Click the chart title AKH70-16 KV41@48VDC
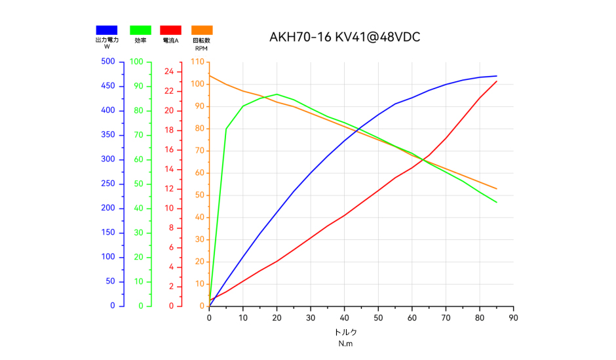point(345,37)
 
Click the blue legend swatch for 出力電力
point(107,30)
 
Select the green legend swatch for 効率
point(140,30)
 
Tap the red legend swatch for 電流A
point(170,30)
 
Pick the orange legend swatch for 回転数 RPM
point(202,30)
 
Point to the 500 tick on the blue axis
point(107,62)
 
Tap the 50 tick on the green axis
point(138,184)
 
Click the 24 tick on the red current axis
point(168,71)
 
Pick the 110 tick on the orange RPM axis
point(197,62)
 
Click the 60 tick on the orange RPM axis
point(198,173)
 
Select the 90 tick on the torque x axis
point(513,318)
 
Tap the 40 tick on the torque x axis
point(344,318)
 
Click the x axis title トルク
point(345,332)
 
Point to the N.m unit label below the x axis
point(345,344)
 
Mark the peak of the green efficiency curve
point(277,94)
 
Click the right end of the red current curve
point(497,81)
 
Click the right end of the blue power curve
point(497,76)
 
